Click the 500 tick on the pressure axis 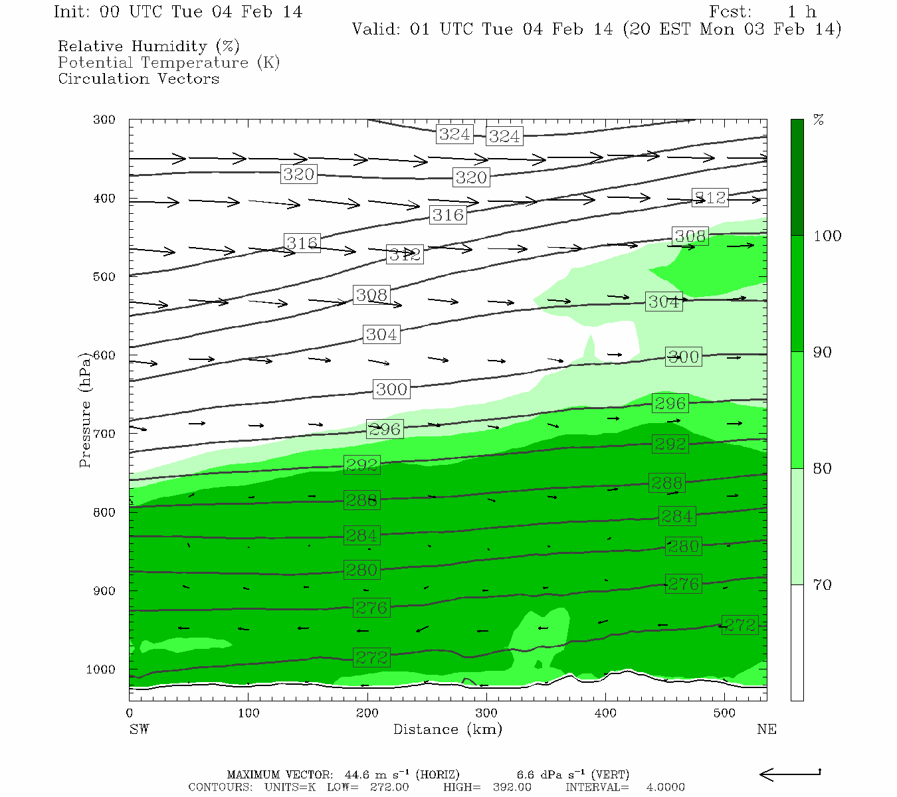tap(104, 277)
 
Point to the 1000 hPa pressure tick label tap(101, 669)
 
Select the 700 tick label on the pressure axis tap(104, 434)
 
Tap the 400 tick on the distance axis tap(605, 713)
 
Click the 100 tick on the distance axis tap(249, 713)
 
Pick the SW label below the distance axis tap(139, 729)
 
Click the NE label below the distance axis tap(766, 729)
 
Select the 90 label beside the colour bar tap(823, 352)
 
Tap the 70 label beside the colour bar tap(823, 584)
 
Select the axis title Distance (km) tap(447, 729)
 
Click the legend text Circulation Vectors tap(138, 78)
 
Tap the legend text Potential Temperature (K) tap(169, 62)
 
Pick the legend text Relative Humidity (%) tap(148, 46)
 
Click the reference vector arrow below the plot tap(790, 774)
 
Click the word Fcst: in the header tap(731, 12)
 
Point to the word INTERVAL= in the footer tap(597, 787)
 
